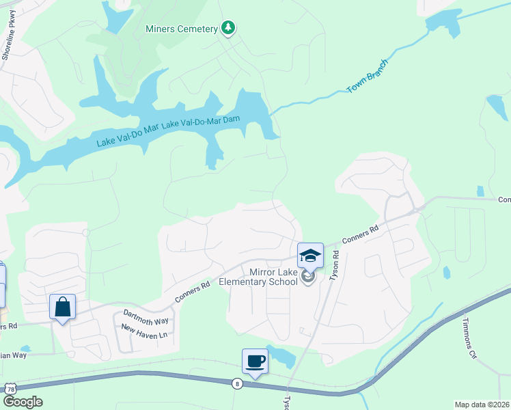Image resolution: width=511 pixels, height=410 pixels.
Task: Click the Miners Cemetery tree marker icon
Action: click(229, 28)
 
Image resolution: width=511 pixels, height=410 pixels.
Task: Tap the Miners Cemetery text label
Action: click(181, 29)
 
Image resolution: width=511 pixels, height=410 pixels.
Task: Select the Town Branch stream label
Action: click(367, 77)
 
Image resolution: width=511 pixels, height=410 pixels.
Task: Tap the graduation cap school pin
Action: click(310, 256)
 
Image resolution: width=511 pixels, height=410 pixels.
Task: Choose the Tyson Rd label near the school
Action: click(335, 264)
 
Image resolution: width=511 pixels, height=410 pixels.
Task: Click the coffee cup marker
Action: click(255, 361)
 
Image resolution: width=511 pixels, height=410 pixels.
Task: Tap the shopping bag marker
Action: click(62, 307)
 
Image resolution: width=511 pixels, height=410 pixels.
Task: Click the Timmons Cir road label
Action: click(471, 338)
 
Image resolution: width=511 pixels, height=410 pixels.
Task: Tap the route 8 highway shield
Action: click(237, 383)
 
